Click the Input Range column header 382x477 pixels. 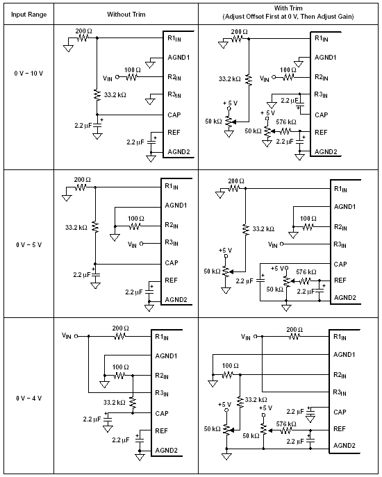pos(29,15)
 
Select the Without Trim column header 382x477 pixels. pos(126,15)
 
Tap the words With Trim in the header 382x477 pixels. pos(288,8)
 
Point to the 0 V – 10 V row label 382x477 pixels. pos(28,74)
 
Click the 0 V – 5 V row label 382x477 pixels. pos(29,245)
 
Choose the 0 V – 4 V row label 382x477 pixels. pos(29,399)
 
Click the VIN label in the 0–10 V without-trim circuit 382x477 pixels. pos(108,78)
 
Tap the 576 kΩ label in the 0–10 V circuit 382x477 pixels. pos(286,122)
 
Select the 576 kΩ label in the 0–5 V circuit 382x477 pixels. pos(306,272)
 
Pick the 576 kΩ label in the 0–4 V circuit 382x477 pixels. pos(286,424)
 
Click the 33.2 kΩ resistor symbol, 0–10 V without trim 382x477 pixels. pos(97,95)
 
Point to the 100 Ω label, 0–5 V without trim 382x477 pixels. pos(136,219)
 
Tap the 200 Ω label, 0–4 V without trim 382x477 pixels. pos(121,328)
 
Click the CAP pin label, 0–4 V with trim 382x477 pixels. pos(340,412)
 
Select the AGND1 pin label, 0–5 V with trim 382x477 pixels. pos(345,207)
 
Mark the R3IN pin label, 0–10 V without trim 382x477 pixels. pos(174,95)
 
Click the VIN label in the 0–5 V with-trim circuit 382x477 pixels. pos(273,244)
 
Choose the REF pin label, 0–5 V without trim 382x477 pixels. pos(171,281)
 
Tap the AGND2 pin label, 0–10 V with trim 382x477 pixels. pos(326,151)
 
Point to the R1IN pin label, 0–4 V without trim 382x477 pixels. pos(162,337)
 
